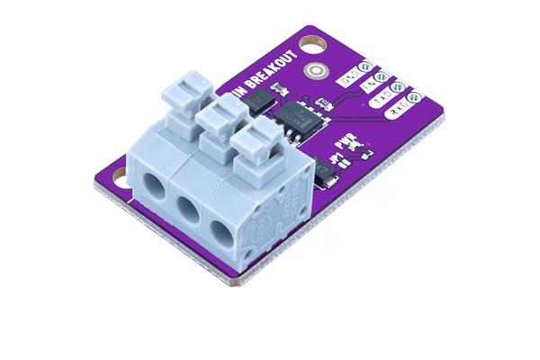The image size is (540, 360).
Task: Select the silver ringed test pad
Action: [x=315, y=71]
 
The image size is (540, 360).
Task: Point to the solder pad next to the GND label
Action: [x=367, y=67]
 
